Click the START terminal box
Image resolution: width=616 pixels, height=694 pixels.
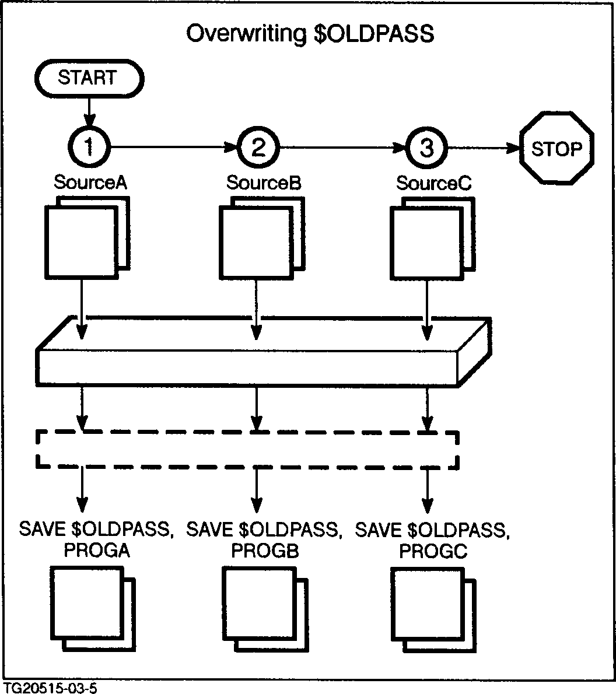point(88,78)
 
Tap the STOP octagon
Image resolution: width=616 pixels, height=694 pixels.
point(556,149)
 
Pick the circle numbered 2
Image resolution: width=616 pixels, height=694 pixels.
point(258,148)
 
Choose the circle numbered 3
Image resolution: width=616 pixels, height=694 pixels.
point(427,148)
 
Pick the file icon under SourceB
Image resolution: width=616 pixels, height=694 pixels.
point(261,239)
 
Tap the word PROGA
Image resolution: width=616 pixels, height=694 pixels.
point(97,551)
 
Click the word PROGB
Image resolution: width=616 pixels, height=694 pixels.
point(265,551)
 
